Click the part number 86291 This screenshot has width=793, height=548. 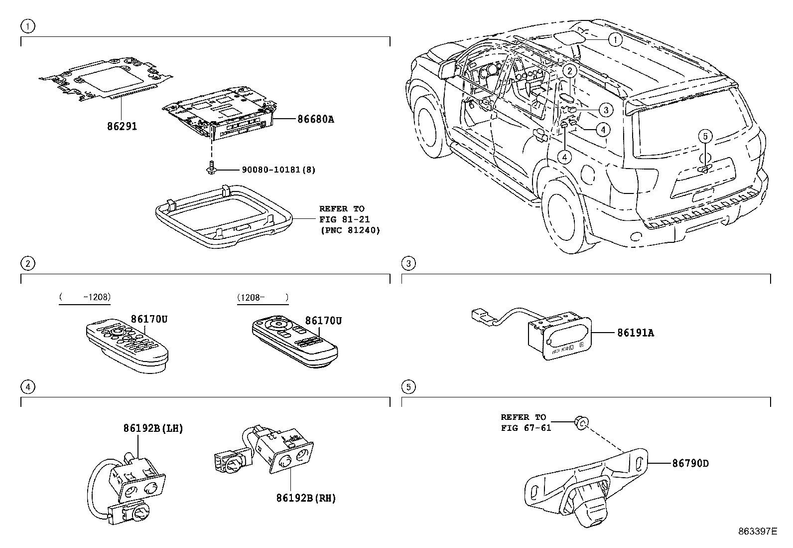point(122,126)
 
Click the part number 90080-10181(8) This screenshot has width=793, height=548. point(278,170)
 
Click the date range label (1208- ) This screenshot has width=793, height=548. point(263,297)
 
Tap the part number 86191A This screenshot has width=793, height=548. point(635,333)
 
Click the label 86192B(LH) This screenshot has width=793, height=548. point(153,428)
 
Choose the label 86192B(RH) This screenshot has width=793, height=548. point(306,498)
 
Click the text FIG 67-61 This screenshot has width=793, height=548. point(526,428)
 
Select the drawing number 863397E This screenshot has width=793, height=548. point(758,531)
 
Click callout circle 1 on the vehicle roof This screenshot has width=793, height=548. point(616,39)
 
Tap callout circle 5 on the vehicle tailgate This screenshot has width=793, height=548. point(705,136)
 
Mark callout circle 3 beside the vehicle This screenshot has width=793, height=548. point(605,110)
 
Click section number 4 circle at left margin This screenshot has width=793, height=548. point(28,386)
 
